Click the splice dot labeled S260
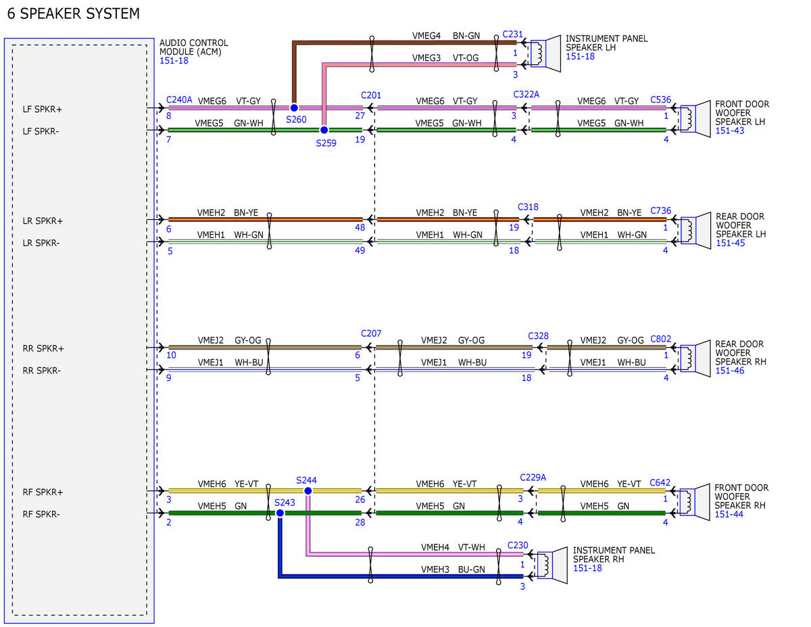294,108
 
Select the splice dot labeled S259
324,130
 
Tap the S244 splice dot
308,490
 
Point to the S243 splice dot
280,513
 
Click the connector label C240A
179,99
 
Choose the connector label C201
371,95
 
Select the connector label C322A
526,94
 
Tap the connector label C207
371,333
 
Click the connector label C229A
533,478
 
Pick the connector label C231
512,34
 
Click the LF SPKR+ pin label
42,109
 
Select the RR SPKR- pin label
41,371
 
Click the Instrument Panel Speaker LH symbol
545,54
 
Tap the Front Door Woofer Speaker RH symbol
695,502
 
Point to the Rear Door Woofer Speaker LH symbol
695,231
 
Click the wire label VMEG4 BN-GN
446,35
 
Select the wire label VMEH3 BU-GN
453,569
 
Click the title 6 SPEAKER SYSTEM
74,14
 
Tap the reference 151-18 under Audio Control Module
174,60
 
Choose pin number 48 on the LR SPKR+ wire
360,227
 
